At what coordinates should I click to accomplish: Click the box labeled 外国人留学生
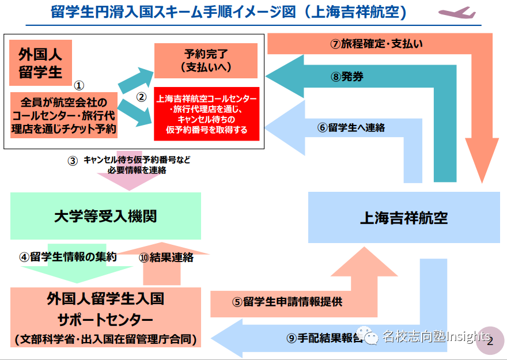pos(40,62)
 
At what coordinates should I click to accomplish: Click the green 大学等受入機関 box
pos(105,216)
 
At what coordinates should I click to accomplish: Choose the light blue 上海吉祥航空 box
pos(403,218)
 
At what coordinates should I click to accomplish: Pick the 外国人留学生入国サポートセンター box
pos(105,318)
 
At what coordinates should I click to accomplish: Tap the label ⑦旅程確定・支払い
pos(380,44)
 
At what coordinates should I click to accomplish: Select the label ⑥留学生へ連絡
pos(351,128)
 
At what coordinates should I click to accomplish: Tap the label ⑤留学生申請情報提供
pos(287,301)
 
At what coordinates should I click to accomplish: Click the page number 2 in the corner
pos(490,339)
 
